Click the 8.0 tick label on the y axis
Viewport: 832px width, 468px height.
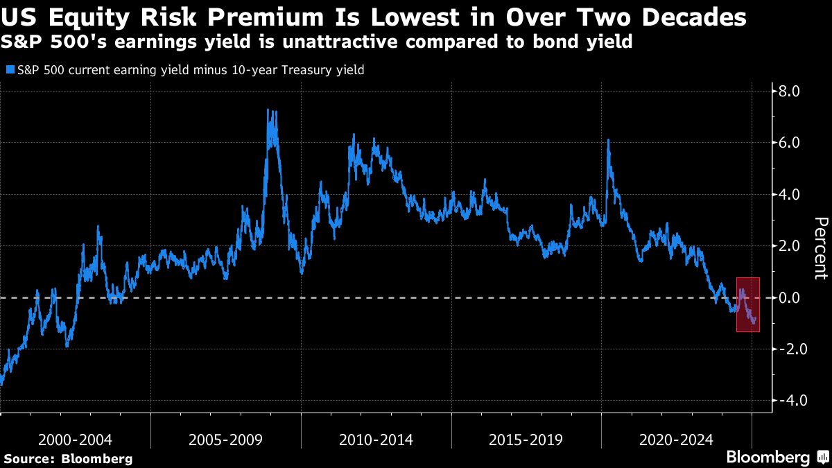click(x=790, y=92)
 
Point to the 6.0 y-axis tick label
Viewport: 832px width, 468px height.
click(x=790, y=143)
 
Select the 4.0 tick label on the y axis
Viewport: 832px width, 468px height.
click(x=790, y=195)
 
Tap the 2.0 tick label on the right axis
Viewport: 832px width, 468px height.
click(x=790, y=246)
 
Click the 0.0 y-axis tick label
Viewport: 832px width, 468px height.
click(x=790, y=298)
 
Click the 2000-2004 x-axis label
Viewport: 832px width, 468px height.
click(x=76, y=440)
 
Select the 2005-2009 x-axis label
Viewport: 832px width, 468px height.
click(x=226, y=440)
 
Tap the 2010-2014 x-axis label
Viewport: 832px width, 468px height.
click(x=376, y=440)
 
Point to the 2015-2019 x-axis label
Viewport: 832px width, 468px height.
click(x=526, y=440)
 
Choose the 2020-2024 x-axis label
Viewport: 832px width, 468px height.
click(x=677, y=440)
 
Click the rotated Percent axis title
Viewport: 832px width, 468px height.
click(x=821, y=248)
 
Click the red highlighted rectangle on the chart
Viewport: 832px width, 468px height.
click(x=747, y=305)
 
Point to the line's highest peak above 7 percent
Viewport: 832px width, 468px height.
click(x=268, y=110)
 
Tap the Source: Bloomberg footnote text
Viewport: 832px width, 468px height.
click(x=68, y=458)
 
